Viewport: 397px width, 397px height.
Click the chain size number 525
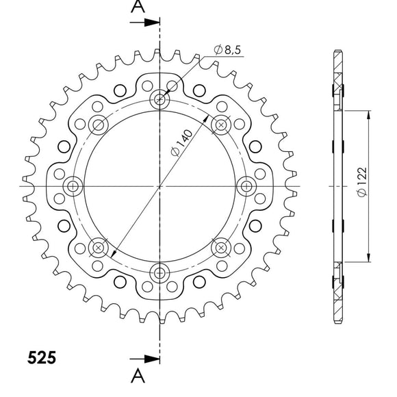coord(42,357)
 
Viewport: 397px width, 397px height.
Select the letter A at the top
coord(138,8)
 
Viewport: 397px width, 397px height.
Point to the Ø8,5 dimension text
coord(226,49)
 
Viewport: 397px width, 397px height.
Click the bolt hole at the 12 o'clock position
coord(160,99)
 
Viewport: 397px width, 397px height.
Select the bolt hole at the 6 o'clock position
coord(160,273)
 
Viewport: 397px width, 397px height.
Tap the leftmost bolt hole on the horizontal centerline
coord(73,186)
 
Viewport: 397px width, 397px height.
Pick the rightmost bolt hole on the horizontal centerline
coord(247,186)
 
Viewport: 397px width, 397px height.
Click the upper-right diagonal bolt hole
coord(222,125)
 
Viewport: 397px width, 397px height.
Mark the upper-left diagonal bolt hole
coord(99,125)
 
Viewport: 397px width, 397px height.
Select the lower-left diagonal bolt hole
coord(99,248)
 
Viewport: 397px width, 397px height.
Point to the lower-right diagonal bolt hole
coord(222,248)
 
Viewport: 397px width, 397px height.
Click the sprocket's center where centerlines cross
coord(160,186)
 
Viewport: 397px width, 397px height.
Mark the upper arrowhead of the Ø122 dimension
coord(369,114)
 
